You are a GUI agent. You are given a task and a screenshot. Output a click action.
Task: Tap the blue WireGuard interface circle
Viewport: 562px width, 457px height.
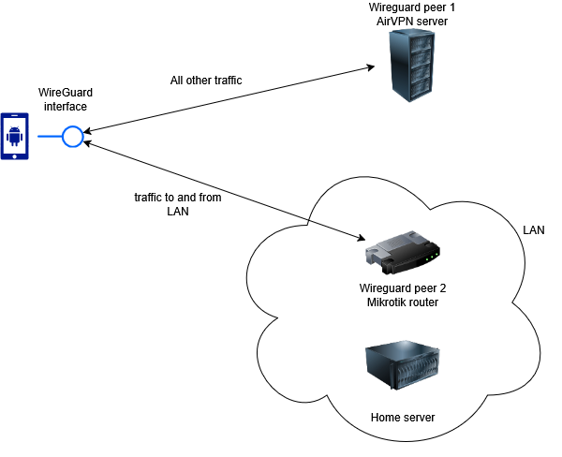click(x=72, y=138)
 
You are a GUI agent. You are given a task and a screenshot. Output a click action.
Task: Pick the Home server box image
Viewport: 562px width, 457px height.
click(x=402, y=372)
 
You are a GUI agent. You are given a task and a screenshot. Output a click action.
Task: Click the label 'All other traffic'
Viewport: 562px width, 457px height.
click(x=206, y=81)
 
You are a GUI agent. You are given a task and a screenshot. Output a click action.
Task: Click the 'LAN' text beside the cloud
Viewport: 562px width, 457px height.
click(x=533, y=229)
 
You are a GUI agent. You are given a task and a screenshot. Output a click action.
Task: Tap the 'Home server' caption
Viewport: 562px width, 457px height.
click(x=403, y=417)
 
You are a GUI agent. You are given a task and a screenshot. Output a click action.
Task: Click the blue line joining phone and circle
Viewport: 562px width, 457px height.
click(x=48, y=138)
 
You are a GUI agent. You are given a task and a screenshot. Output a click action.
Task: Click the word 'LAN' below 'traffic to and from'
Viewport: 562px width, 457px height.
click(x=178, y=212)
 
